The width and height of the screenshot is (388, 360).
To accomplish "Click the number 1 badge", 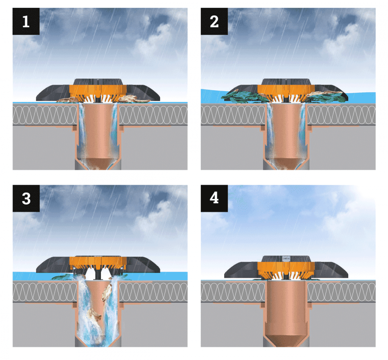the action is (26, 21).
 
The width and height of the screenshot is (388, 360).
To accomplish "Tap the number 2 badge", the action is (214, 21).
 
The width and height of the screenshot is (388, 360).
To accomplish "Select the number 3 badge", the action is (26, 199).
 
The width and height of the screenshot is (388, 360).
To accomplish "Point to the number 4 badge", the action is (214, 199).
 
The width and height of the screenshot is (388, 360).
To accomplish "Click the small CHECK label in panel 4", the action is (286, 259).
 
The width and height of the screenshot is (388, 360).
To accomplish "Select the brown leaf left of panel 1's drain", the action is (67, 99).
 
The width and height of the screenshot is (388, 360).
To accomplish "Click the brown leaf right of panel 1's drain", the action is (134, 99).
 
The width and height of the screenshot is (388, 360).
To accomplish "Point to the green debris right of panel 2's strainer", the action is (326, 97).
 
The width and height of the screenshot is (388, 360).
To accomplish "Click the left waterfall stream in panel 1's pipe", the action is (82, 131).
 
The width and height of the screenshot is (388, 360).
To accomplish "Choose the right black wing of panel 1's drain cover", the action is (143, 92).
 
